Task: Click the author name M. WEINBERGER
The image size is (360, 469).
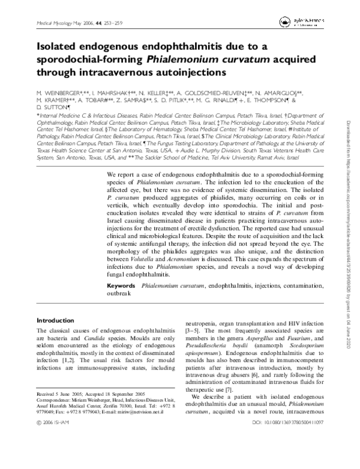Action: [62, 95]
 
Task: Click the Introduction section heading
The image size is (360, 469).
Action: [59, 320]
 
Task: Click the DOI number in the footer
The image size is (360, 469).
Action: [287, 456]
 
